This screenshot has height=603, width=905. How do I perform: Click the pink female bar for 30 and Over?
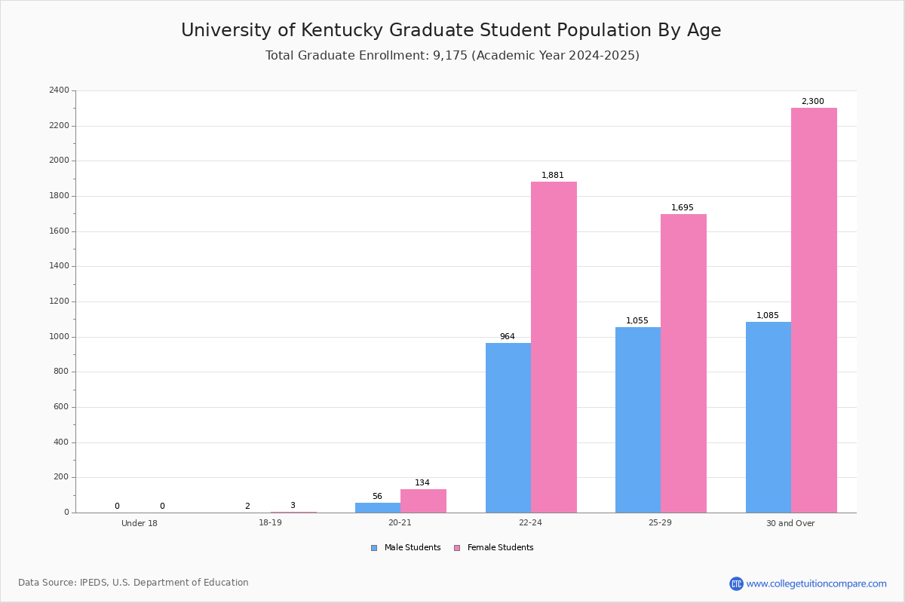tap(814, 310)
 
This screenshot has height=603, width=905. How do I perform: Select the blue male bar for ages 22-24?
tap(508, 427)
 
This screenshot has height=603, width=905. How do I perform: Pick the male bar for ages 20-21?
tap(378, 507)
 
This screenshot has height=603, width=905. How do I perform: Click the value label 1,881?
tap(552, 176)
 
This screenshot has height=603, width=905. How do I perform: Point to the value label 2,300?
tap(812, 102)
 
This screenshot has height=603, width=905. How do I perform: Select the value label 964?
tap(507, 337)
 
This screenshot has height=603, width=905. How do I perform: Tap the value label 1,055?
tap(637, 321)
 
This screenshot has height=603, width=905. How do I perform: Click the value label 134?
tap(422, 483)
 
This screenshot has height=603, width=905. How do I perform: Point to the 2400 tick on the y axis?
tap(60, 90)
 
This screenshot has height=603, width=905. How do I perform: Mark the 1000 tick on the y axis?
tap(60, 337)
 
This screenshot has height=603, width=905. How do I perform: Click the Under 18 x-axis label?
tap(140, 523)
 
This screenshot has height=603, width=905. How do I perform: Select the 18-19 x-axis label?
tap(270, 523)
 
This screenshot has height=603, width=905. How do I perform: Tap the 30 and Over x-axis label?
tap(790, 523)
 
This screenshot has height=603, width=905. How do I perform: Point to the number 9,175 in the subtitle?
tap(449, 56)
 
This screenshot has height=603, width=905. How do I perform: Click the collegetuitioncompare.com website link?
tap(816, 583)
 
